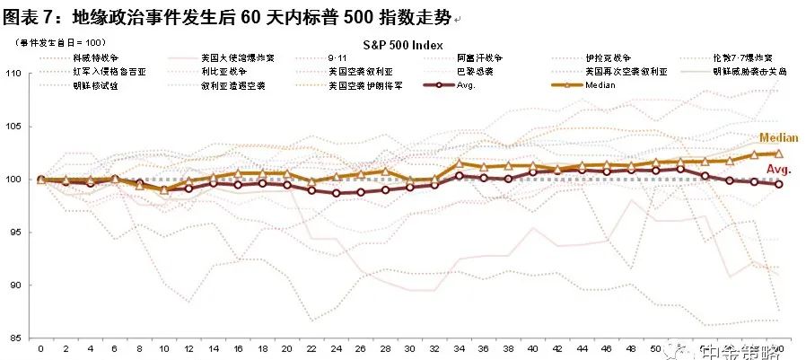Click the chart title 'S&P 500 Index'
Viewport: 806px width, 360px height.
403,43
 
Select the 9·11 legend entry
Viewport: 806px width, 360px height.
337,57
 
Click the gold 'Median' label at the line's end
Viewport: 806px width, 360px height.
778,138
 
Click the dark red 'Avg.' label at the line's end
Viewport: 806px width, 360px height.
778,169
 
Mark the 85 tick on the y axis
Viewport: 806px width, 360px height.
16,338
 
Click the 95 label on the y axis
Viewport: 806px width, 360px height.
16,233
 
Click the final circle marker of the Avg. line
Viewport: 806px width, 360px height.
778,184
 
